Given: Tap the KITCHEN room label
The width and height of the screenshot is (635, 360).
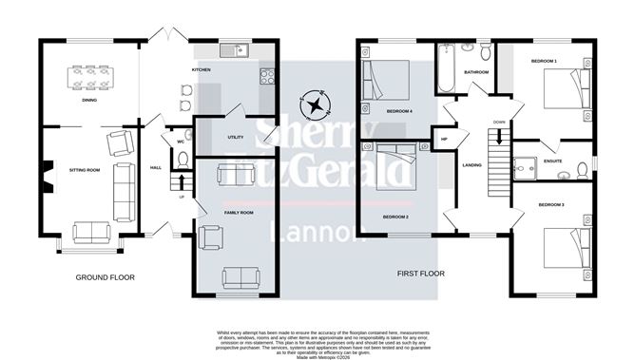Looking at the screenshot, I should coord(202,70).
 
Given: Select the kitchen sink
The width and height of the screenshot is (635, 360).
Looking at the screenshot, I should coord(233,50).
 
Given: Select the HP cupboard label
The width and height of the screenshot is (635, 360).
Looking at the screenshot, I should coord(443,140).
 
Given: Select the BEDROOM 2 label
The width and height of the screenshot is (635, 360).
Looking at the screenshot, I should coord(395,218).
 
